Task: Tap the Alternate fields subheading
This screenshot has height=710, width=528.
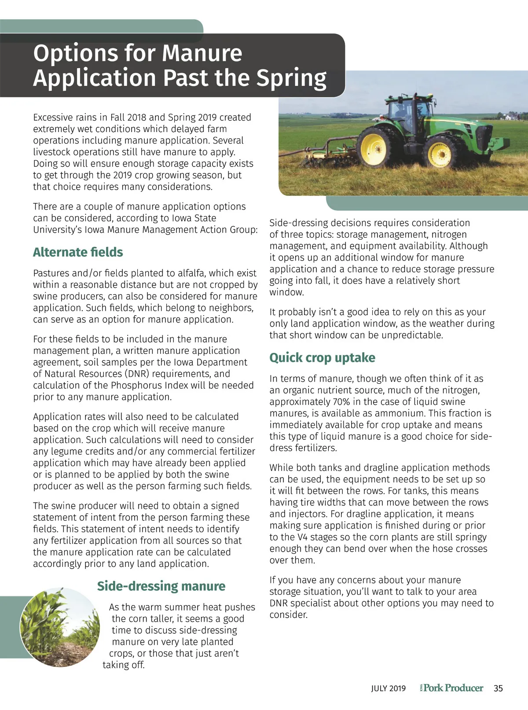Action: tap(78, 252)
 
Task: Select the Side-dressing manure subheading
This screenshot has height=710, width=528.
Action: tap(161, 586)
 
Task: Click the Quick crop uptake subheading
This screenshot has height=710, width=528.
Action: tap(322, 357)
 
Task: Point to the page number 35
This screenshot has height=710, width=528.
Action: tap(498, 688)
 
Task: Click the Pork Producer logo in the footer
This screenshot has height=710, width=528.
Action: tap(452, 688)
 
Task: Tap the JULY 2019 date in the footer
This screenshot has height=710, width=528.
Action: tap(388, 688)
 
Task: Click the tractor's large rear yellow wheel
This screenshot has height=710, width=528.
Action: tap(374, 148)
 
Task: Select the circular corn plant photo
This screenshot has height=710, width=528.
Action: tap(59, 627)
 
